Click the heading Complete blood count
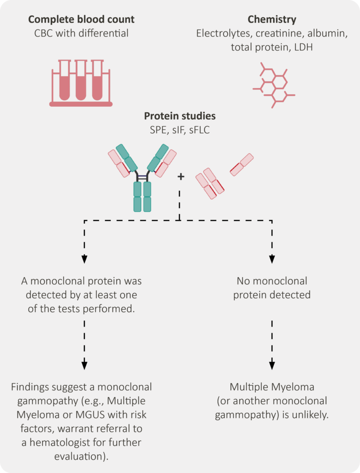pyautogui.click(x=81, y=19)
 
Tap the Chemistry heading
pyautogui.click(x=272, y=19)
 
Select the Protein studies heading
pyautogui.click(x=180, y=116)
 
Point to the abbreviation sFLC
pyautogui.click(x=199, y=130)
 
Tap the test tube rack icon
pyautogui.click(x=81, y=83)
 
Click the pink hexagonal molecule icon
pyautogui.click(x=274, y=85)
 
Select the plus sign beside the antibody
pyautogui.click(x=180, y=176)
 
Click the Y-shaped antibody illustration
pyautogui.click(x=142, y=178)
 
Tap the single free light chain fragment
pyautogui.click(x=241, y=164)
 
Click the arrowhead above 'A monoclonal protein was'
pyautogui.click(x=84, y=259)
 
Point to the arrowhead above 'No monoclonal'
pyautogui.click(x=272, y=259)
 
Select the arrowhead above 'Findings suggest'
pyautogui.click(x=84, y=365)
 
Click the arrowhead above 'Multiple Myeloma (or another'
pyautogui.click(x=272, y=365)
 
